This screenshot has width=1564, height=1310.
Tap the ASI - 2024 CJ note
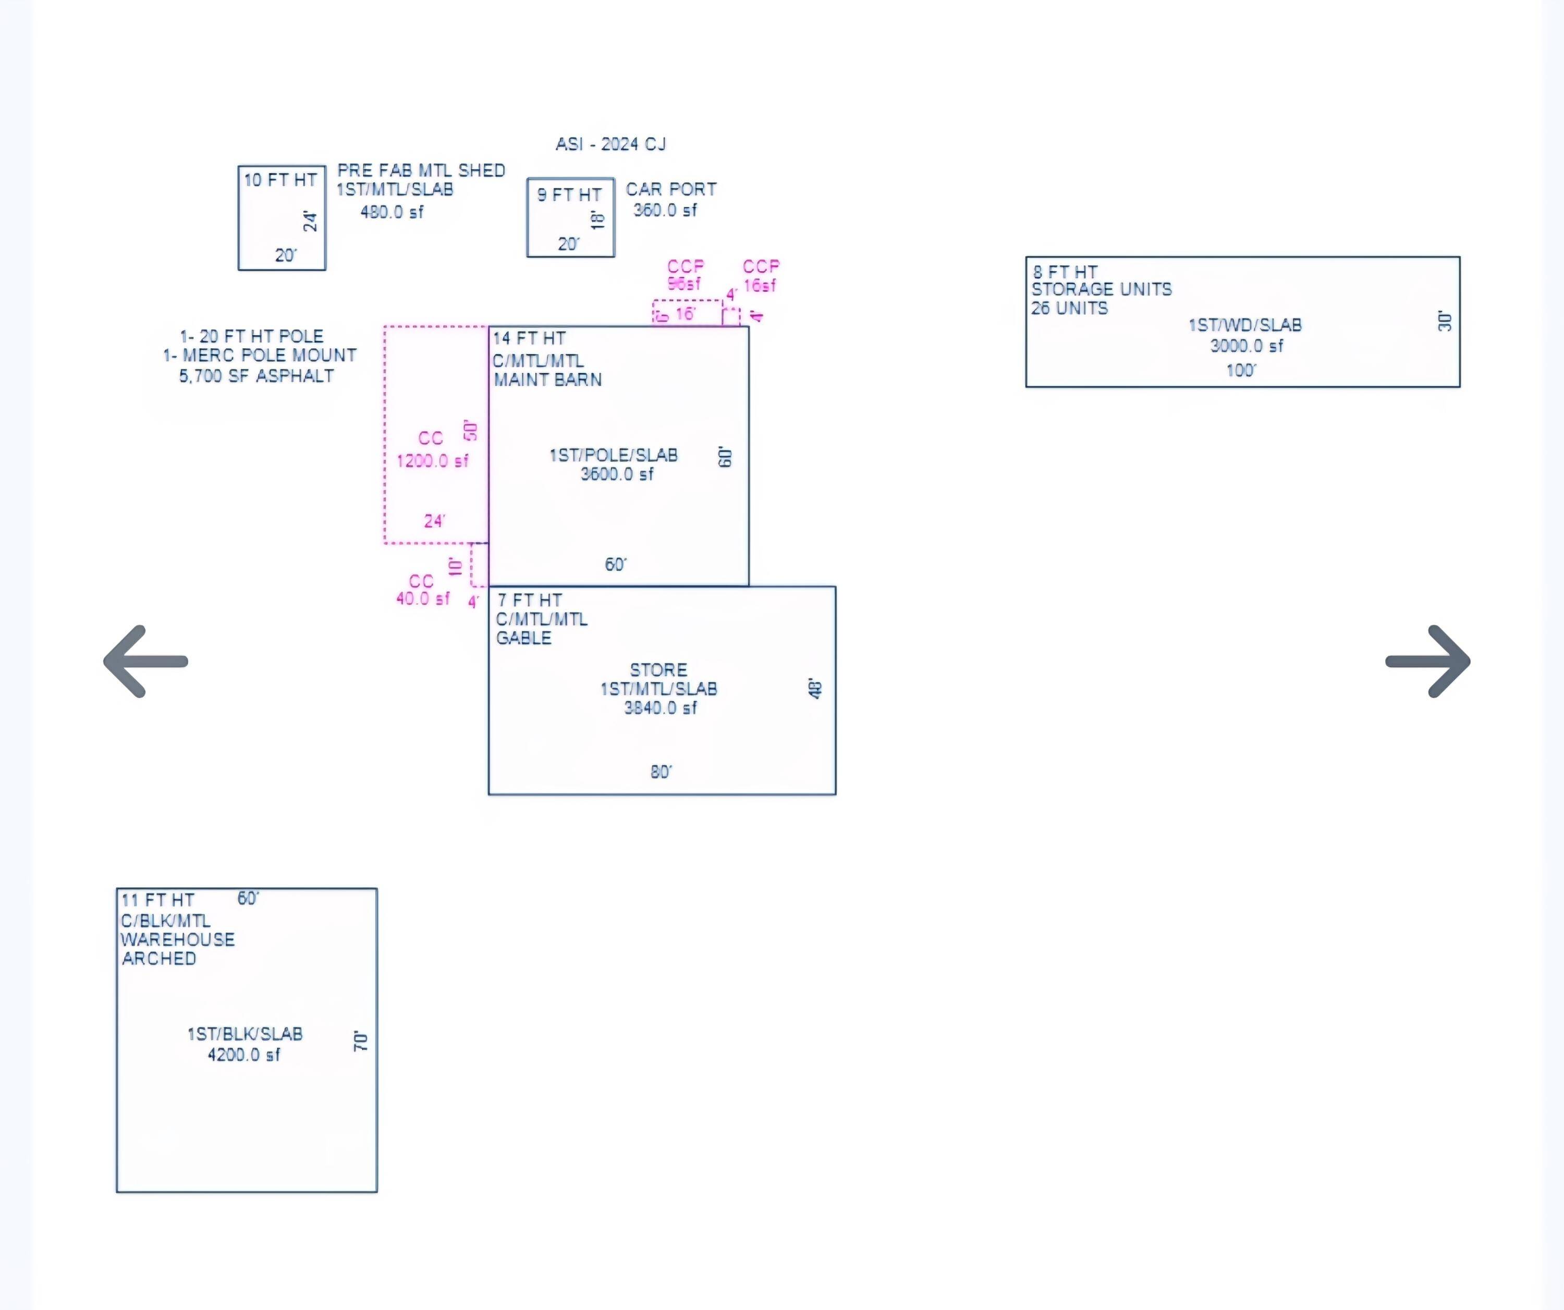pyautogui.click(x=610, y=144)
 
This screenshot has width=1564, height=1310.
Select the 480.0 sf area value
pyautogui.click(x=392, y=212)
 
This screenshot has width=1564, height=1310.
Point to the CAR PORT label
pyautogui.click(x=671, y=189)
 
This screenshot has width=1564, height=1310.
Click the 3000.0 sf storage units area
pyautogui.click(x=1247, y=346)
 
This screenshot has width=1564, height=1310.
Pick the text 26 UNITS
pyautogui.click(x=1069, y=308)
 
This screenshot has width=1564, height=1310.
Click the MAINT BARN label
pyautogui.click(x=547, y=380)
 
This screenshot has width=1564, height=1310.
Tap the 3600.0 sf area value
pyautogui.click(x=617, y=474)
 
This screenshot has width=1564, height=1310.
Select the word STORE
pyautogui.click(x=658, y=669)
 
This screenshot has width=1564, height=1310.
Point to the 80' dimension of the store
pyautogui.click(x=661, y=772)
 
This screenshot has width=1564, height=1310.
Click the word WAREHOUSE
pyautogui.click(x=178, y=940)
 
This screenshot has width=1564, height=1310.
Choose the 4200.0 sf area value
pyautogui.click(x=243, y=1055)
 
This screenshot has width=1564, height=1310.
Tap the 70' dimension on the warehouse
pyautogui.click(x=360, y=1041)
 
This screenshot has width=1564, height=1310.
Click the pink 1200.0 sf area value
pyautogui.click(x=433, y=461)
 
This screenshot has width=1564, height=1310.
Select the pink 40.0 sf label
pyautogui.click(x=422, y=599)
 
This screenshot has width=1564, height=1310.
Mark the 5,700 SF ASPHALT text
pyautogui.click(x=256, y=376)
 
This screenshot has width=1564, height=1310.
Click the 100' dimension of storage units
pyautogui.click(x=1241, y=370)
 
